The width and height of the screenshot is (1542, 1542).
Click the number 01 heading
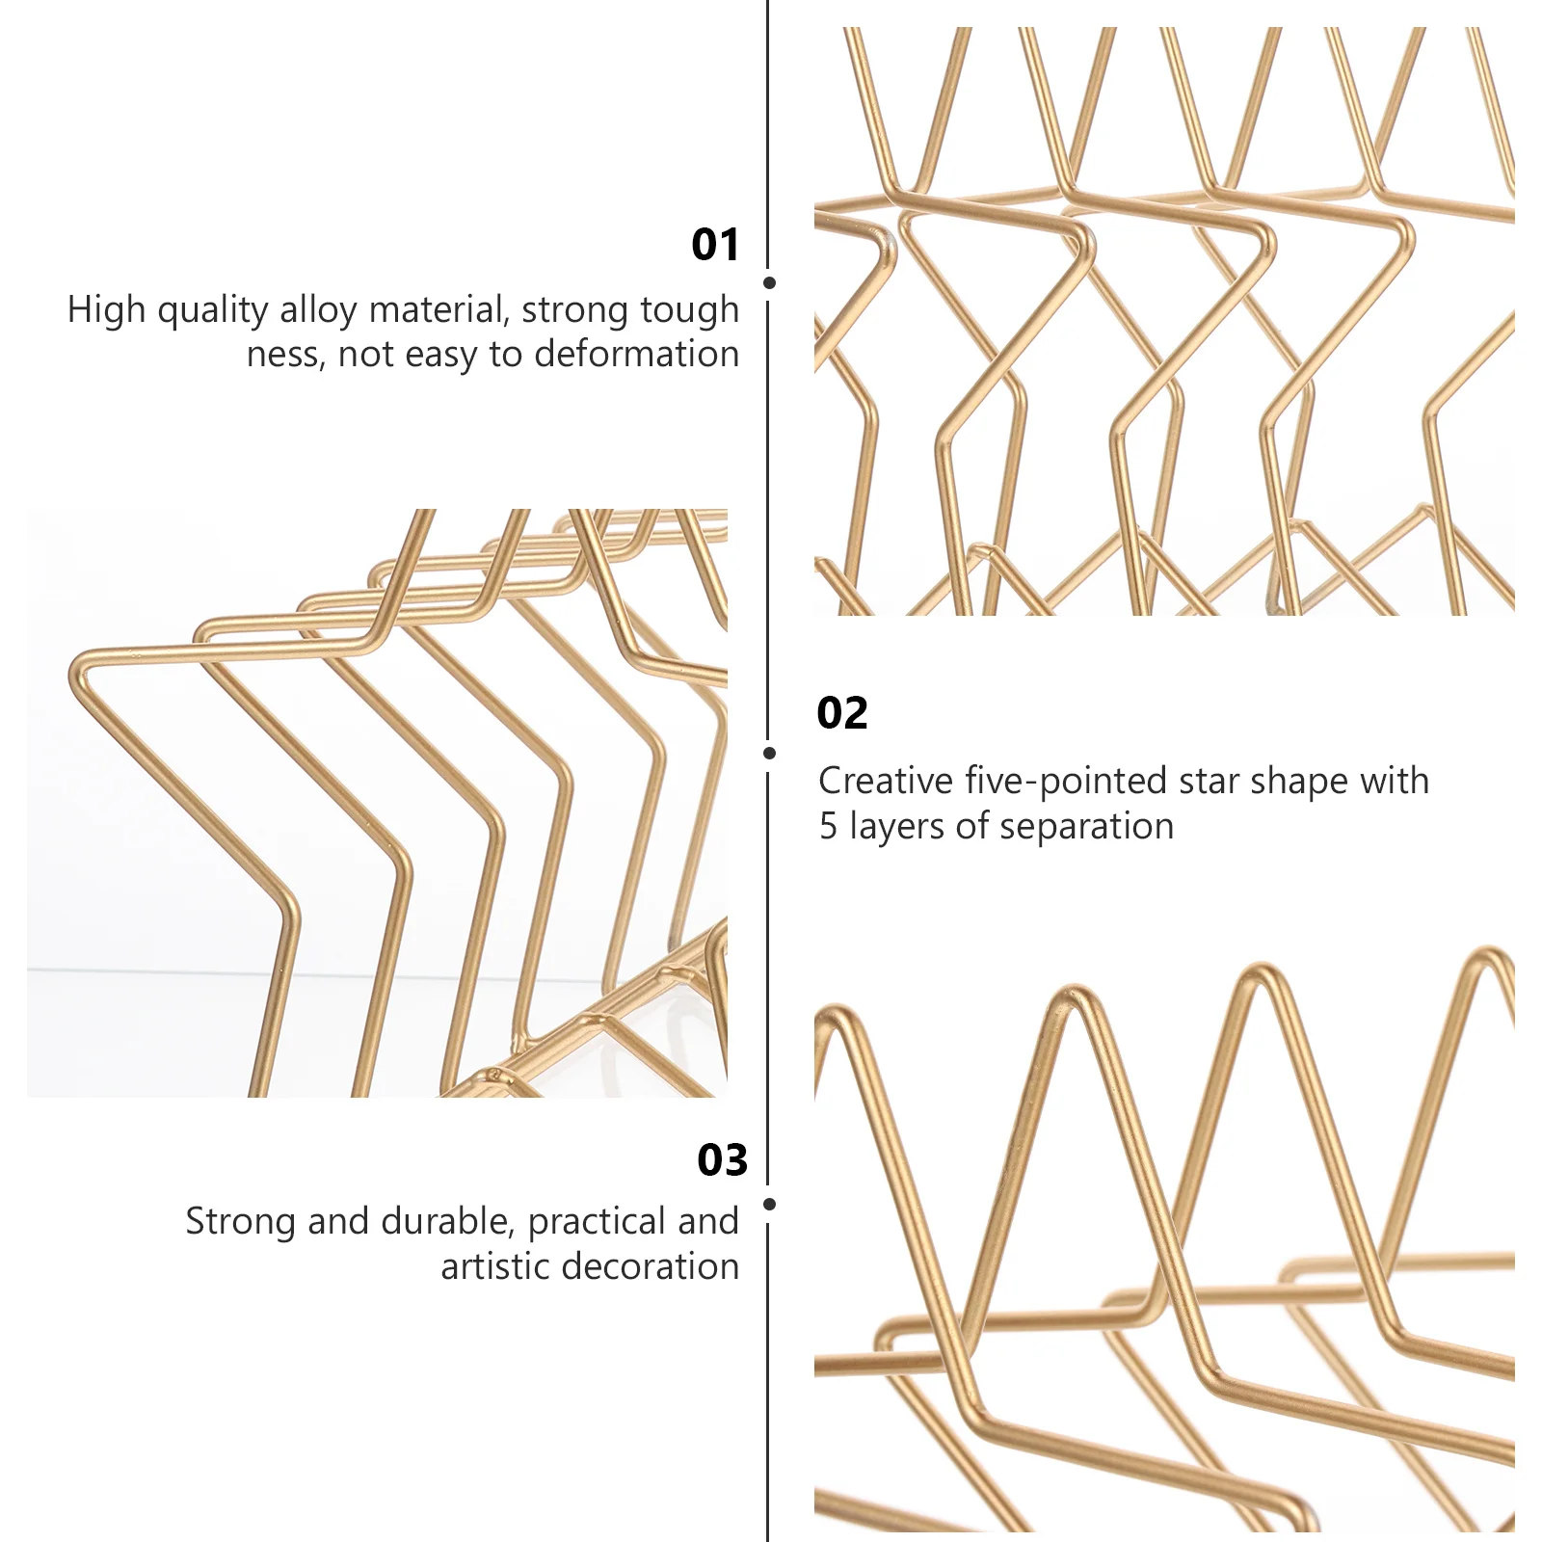tap(715, 245)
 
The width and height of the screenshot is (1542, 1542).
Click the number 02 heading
tap(842, 713)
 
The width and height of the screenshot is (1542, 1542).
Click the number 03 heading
tap(722, 1160)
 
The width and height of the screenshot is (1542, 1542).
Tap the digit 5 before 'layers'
tap(828, 827)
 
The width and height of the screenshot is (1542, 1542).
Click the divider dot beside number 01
tap(769, 283)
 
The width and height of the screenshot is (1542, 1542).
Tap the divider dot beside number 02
tap(769, 753)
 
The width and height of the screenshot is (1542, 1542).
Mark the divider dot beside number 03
tap(769, 1204)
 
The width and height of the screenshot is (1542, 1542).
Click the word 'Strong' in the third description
tap(241, 1222)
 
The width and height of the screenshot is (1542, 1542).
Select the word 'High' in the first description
tap(106, 310)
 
